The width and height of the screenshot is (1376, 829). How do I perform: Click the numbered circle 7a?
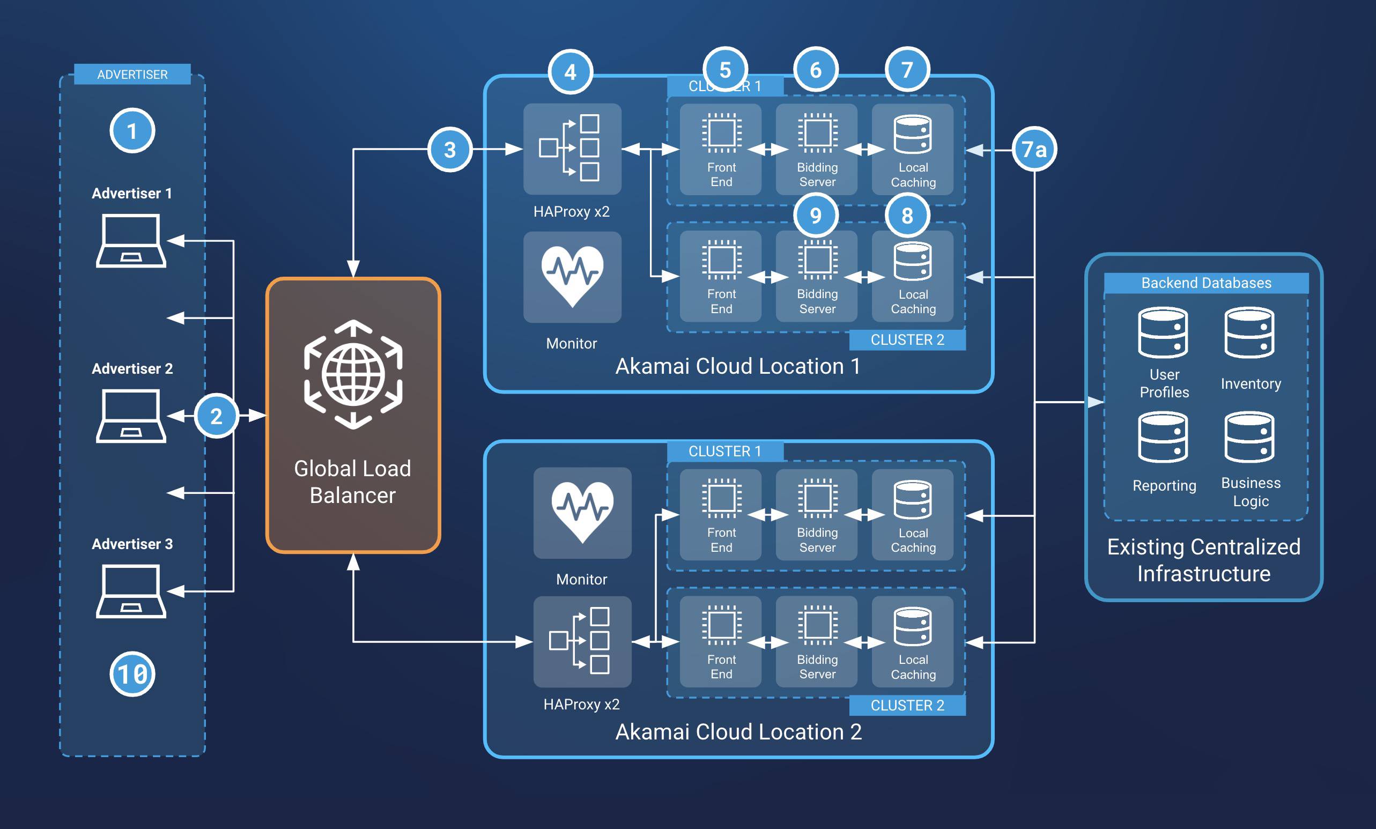pyautogui.click(x=1034, y=149)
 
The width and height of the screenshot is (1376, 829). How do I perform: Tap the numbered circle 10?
pyautogui.click(x=132, y=674)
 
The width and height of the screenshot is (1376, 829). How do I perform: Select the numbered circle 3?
pyautogui.click(x=450, y=150)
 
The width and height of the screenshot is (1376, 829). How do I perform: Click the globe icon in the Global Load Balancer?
pyautogui.click(x=353, y=374)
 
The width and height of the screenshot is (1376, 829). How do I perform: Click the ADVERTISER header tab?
pyautogui.click(x=132, y=74)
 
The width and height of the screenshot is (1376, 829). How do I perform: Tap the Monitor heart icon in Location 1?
pyautogui.click(x=572, y=276)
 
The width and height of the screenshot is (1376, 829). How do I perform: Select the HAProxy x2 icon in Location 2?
pyautogui.click(x=582, y=641)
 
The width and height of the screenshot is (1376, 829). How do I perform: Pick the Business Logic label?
pyautogui.click(x=1251, y=492)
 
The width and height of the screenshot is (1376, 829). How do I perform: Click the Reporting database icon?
pyautogui.click(x=1163, y=437)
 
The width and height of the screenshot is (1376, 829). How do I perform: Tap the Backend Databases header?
pyautogui.click(x=1206, y=283)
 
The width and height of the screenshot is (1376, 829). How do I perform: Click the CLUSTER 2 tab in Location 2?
pyautogui.click(x=907, y=705)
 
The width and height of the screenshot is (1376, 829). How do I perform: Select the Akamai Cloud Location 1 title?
pyautogui.click(x=738, y=366)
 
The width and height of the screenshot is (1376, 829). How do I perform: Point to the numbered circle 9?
pyautogui.click(x=816, y=216)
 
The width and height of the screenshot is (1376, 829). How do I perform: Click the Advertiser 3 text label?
pyautogui.click(x=132, y=544)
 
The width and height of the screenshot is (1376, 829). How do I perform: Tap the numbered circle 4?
pyautogui.click(x=570, y=71)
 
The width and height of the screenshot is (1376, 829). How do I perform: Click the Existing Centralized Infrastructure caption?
pyautogui.click(x=1204, y=560)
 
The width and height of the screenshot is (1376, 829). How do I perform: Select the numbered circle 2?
pyautogui.click(x=216, y=416)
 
